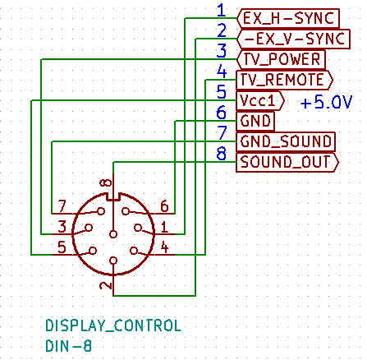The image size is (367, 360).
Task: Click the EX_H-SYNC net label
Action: [288, 18]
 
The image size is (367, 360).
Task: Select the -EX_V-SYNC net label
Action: [293, 39]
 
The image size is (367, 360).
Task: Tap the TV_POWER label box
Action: [281, 59]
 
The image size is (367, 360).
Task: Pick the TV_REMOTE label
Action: [284, 80]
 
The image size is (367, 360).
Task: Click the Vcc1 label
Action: [260, 100]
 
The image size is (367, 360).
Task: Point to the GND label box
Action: [255, 121]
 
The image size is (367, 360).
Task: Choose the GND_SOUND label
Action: [286, 141]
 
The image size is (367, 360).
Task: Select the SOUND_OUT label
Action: [287, 162]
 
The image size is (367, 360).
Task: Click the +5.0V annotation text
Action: [326, 102]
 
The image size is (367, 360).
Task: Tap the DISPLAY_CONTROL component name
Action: [113, 325]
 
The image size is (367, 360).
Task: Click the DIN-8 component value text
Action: [68, 346]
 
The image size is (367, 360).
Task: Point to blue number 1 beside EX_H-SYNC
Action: [222, 11]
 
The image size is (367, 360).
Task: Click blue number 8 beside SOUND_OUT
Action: [222, 154]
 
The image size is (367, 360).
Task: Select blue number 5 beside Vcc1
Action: [222, 92]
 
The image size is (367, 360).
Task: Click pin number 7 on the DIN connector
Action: [62, 206]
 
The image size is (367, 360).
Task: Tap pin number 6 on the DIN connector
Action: [164, 206]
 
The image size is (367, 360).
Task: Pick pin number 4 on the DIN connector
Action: [164, 247]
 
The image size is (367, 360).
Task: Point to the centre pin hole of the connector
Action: [113, 234]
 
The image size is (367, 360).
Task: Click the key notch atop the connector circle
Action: [113, 196]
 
